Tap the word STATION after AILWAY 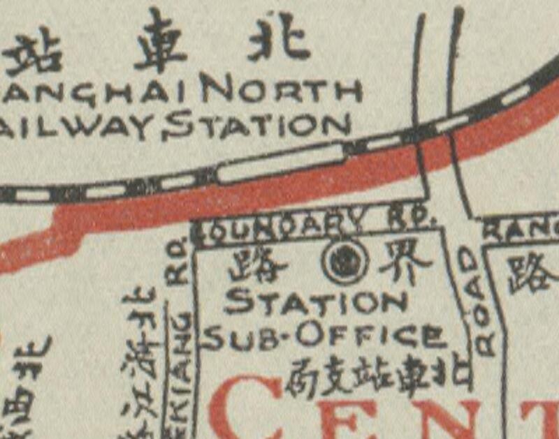point(259,126)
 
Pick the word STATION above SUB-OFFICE point(315,302)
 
